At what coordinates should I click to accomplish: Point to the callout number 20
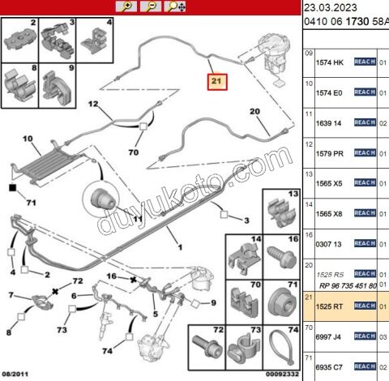tap(254, 111)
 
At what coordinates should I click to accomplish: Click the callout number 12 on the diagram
tap(93, 104)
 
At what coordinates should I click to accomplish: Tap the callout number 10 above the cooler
tap(27, 139)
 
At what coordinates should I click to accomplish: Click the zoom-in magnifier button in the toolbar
tap(126, 6)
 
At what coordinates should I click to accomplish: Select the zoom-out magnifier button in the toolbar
tap(150, 6)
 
